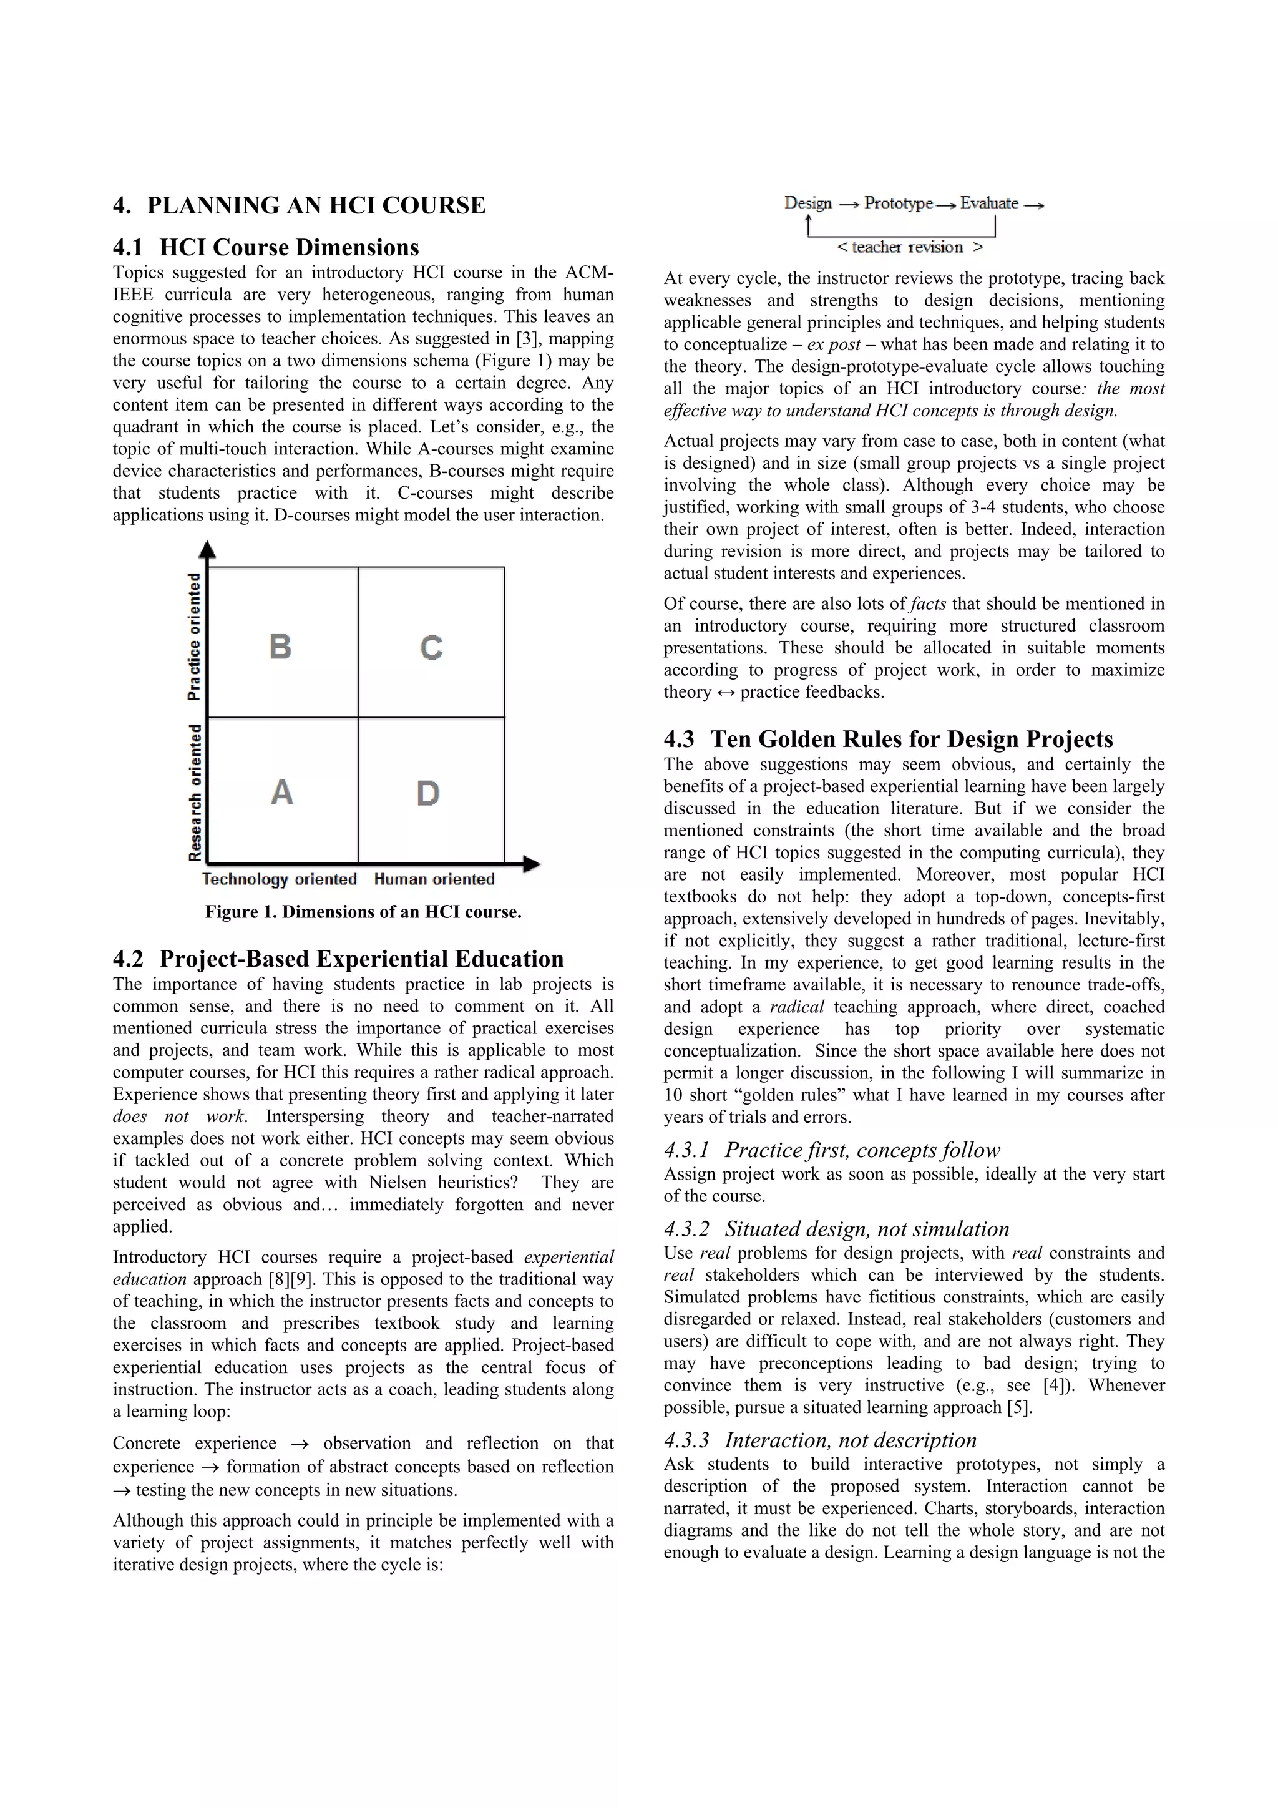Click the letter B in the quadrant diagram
280,647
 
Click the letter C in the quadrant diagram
431,647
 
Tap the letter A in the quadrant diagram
282,792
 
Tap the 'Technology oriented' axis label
280,879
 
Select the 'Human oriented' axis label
434,879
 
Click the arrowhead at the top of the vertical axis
207,549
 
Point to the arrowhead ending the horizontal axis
532,864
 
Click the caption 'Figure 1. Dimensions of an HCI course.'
363,912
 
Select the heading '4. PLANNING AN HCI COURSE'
300,205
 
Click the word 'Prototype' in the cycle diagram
898,203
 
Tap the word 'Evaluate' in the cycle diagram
989,203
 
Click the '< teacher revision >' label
909,247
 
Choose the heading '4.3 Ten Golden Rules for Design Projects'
888,739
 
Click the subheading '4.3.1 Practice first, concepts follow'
832,1150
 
